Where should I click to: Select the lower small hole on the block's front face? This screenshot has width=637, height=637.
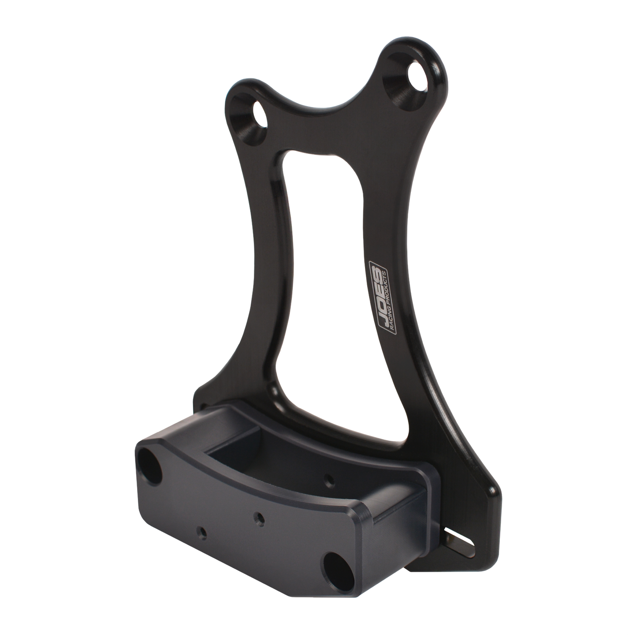point(202,531)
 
